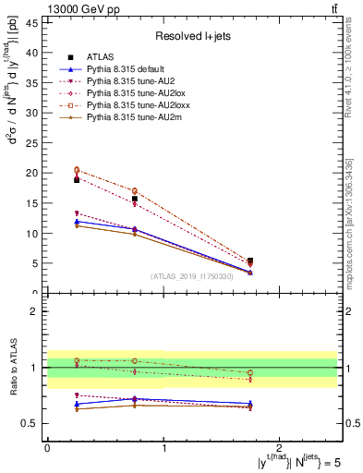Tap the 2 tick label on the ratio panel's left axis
pos(35,311)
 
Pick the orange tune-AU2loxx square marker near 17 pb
pos(135,191)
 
